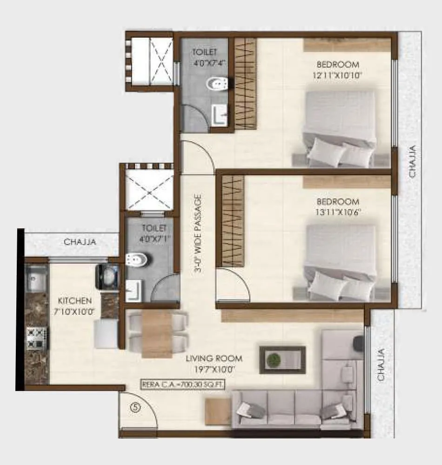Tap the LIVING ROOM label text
point(214,359)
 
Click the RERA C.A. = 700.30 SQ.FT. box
point(186,384)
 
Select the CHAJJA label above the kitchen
point(80,242)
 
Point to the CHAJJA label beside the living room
point(382,365)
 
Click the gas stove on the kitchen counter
point(36,338)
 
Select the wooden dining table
point(157,334)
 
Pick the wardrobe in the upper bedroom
point(245,84)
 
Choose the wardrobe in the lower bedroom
point(233,221)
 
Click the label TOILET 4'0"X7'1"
point(154,233)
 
